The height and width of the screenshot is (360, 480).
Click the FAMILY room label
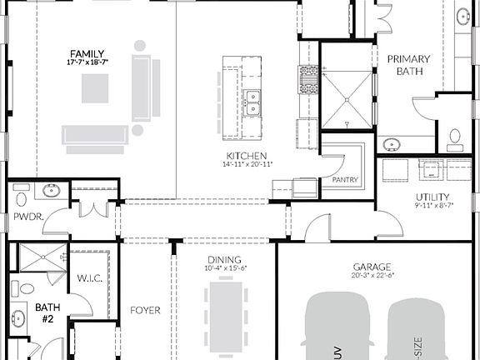coord(87,53)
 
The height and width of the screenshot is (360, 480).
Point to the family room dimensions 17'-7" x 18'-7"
coord(87,62)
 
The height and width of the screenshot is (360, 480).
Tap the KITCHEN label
coord(247,156)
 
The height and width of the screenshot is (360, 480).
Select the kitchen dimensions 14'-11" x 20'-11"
coord(247,164)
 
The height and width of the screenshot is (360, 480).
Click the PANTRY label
coord(345,179)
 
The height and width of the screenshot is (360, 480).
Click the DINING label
coord(224,260)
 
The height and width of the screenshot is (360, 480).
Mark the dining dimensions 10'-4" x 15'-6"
coord(224,268)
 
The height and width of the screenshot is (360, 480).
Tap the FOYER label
coord(145,311)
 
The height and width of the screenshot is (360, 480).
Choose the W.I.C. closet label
coord(89,277)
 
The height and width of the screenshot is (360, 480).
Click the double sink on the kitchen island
coord(252,102)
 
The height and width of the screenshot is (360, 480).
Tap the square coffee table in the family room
coord(95,88)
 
